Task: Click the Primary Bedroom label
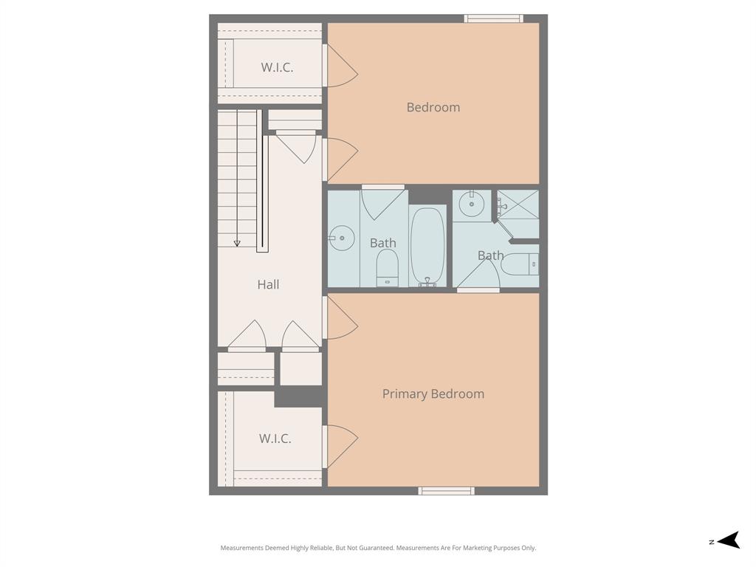coord(433,394)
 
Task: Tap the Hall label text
coord(268,284)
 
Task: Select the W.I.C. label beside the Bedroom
coord(277,67)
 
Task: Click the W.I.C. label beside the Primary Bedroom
coord(275,439)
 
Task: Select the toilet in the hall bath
coord(388,267)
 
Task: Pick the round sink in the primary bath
coord(471,203)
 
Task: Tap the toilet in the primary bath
coord(521,264)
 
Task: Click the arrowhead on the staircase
coord(237,242)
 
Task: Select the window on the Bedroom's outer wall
coord(493,18)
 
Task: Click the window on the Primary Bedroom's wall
coord(446,491)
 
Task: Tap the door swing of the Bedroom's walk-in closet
coord(341,66)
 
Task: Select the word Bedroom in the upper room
coord(433,107)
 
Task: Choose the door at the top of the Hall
coord(297,146)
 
